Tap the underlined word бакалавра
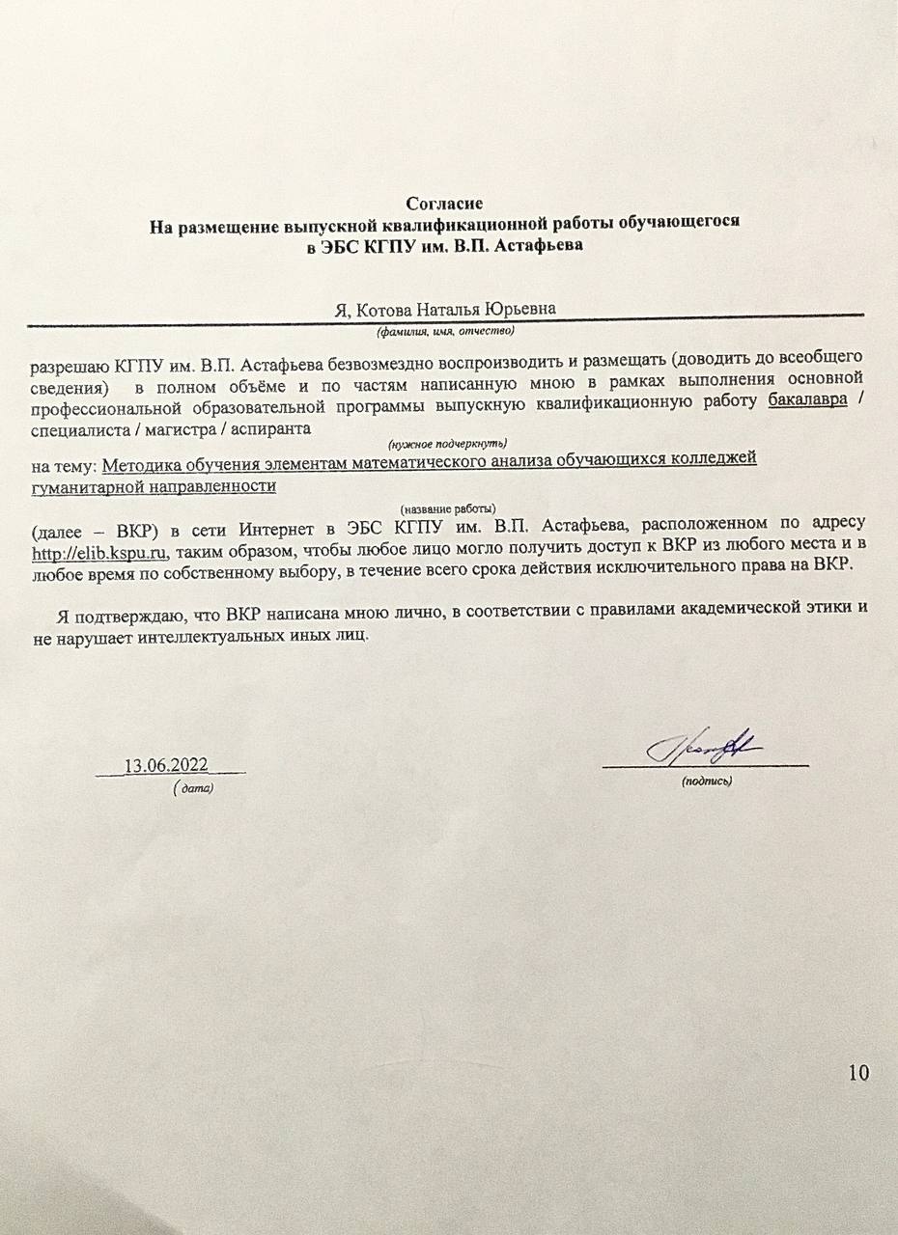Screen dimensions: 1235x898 (x=808, y=402)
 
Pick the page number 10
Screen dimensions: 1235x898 (x=858, y=1073)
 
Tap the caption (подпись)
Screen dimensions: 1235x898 (x=707, y=780)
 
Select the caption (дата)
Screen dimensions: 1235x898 (x=193, y=787)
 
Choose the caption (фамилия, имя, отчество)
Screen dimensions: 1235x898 (x=444, y=331)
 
